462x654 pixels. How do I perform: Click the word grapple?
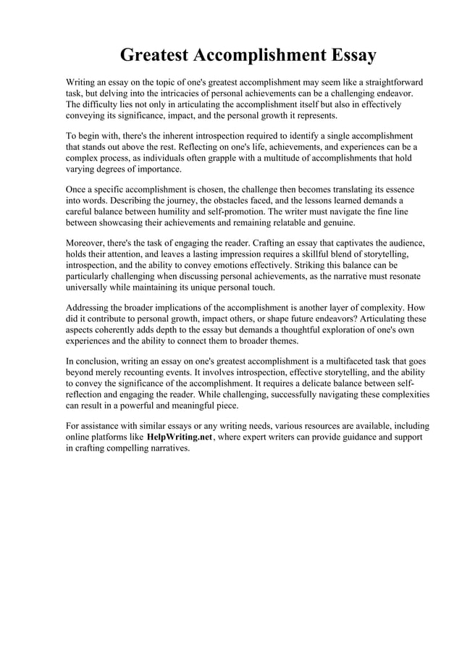pyautogui.click(x=217, y=158)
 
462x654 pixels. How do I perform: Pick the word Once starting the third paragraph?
pyautogui.click(x=77, y=189)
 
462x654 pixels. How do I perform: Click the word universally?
pyautogui.click(x=89, y=288)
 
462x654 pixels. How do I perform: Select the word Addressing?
pyautogui.click(x=91, y=308)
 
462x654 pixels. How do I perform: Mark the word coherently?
pyautogui.click(x=122, y=330)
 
